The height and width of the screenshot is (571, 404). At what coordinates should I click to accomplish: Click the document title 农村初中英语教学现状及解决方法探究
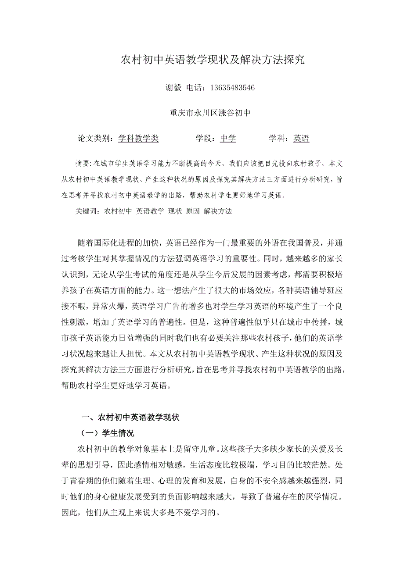[x=213, y=60]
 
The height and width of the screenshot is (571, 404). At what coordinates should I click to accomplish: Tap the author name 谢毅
[x=173, y=88]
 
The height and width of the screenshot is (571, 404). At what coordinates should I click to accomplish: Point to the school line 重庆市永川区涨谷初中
[x=210, y=113]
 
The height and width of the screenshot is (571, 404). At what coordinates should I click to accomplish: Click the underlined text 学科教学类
[x=138, y=139]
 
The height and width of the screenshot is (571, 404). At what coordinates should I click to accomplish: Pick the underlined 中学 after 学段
[x=228, y=139]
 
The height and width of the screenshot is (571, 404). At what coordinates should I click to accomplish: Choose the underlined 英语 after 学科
[x=301, y=139]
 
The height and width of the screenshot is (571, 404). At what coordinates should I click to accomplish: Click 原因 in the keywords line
[x=193, y=211]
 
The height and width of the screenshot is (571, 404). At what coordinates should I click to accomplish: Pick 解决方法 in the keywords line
[x=218, y=211]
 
